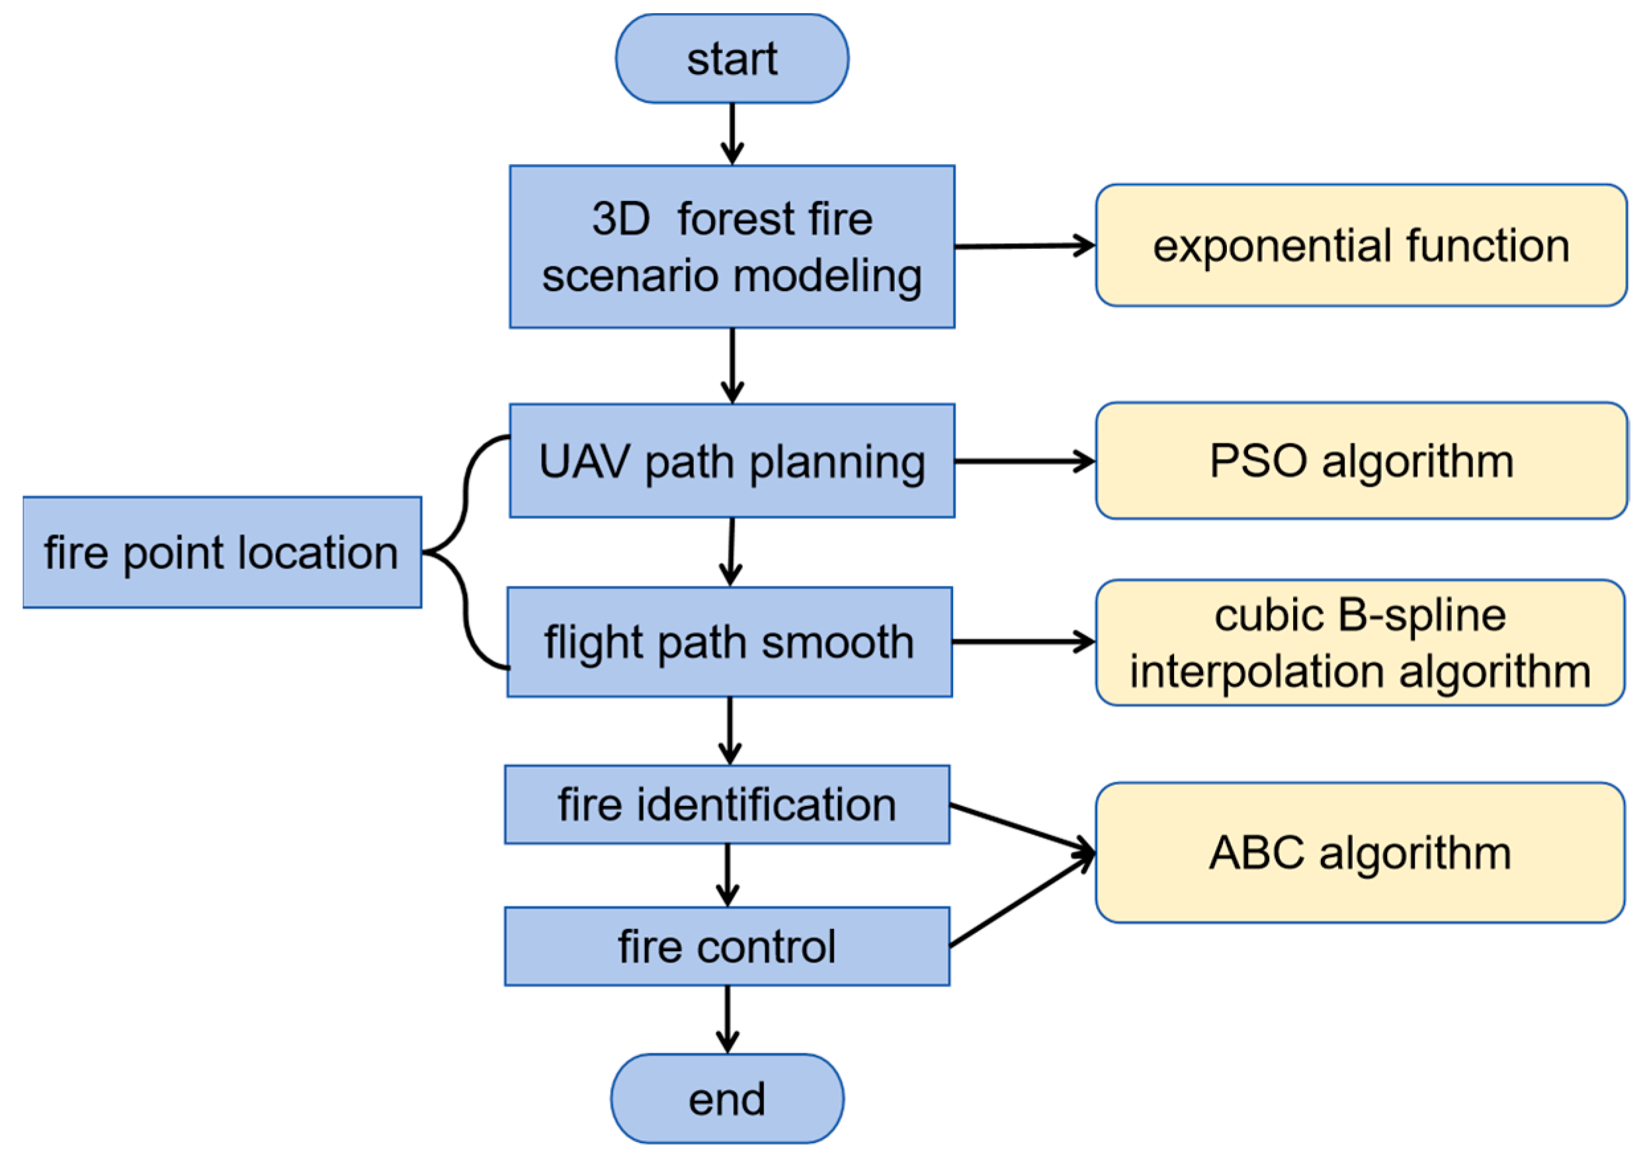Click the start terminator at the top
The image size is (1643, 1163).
(732, 59)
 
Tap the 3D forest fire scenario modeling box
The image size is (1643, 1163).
(732, 247)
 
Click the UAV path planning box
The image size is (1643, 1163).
(732, 460)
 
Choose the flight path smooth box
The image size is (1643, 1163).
(729, 641)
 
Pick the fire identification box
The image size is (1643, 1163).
(726, 804)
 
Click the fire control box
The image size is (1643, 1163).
(726, 947)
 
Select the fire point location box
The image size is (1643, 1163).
(222, 552)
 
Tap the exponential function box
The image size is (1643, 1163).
(1360, 245)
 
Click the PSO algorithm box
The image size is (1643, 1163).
(1360, 460)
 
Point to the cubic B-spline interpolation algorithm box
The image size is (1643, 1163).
(1360, 643)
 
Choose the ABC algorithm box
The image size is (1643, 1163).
(1360, 852)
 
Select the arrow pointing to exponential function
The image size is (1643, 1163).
(1024, 246)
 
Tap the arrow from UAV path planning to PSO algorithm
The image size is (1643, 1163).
(1024, 461)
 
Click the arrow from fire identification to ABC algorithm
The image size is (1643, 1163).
(1021, 828)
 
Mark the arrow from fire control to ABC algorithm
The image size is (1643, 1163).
(1021, 901)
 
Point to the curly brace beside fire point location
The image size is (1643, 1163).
(466, 552)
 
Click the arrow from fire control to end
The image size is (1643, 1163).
(727, 1018)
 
